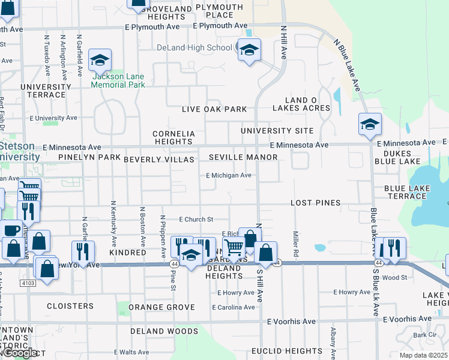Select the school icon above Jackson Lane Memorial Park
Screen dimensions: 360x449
(x=100, y=59)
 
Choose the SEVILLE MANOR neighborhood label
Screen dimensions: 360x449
(x=243, y=157)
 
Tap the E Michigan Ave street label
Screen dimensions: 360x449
(x=228, y=176)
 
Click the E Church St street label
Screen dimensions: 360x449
(x=196, y=220)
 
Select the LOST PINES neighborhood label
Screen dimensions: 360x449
(x=315, y=203)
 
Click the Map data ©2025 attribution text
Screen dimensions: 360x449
(x=424, y=355)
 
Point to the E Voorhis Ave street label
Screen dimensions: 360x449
(x=291, y=321)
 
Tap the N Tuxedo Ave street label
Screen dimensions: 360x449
(x=47, y=55)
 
